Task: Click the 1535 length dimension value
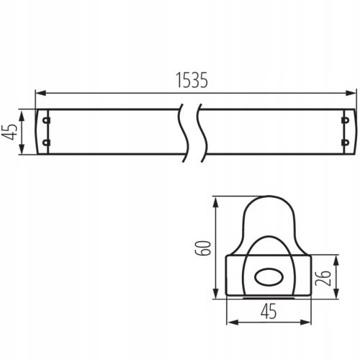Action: tap(191, 81)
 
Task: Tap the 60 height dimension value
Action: tap(204, 249)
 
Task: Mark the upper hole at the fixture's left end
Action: tap(47, 120)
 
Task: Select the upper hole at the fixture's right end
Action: tap(345, 120)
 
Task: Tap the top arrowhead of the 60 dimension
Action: tap(215, 201)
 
